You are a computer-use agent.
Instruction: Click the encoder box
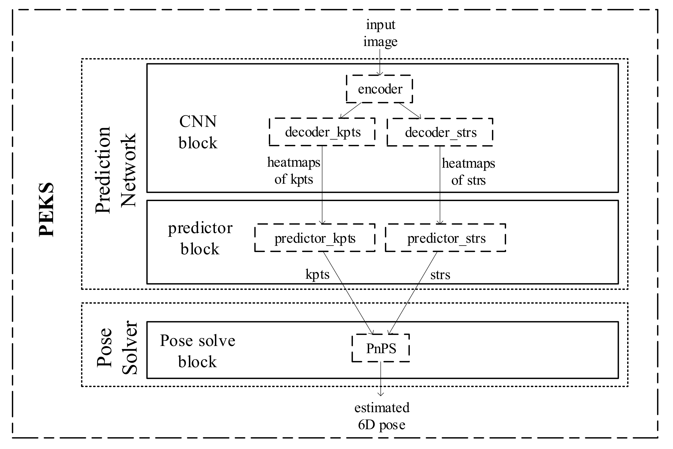380,89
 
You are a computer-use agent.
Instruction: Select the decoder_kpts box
322,132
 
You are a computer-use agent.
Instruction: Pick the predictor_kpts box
315,238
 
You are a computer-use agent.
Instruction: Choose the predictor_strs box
446,238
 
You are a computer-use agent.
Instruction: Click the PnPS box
381,348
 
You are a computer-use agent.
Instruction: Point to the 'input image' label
380,33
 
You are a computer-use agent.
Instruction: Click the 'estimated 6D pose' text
382,416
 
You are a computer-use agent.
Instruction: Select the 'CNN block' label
198,132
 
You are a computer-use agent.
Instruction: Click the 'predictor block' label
200,238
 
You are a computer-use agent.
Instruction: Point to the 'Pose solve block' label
197,351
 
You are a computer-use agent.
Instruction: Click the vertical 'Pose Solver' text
117,348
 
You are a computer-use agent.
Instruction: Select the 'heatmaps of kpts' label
293,171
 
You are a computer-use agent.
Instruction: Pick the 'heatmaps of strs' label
468,171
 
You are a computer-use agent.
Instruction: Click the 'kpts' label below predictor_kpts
317,274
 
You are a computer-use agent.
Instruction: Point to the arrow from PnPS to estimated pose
381,379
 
